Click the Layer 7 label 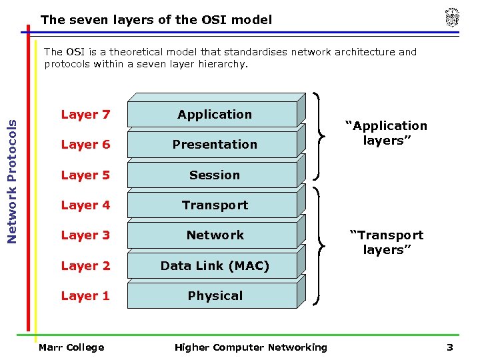[85, 115]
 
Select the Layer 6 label [85, 145]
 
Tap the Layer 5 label [85, 175]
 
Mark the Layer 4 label [85, 205]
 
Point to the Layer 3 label [85, 235]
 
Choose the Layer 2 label [85, 266]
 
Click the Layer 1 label [85, 296]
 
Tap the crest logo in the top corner [453, 18]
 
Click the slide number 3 [450, 347]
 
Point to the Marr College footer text [71, 347]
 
